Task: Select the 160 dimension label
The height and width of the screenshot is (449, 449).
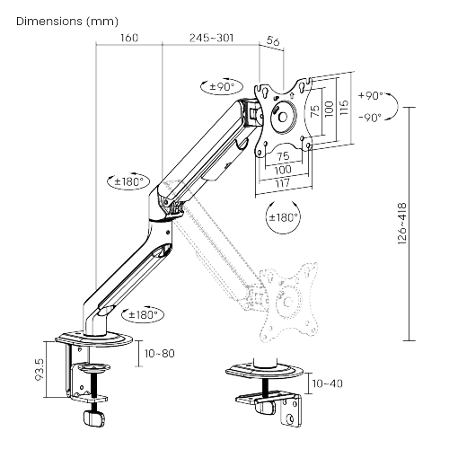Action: tap(128, 39)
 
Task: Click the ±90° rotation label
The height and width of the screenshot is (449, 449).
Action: tap(220, 87)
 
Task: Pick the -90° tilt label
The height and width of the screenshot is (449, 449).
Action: tap(369, 116)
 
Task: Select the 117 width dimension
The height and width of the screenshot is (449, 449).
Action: tap(282, 182)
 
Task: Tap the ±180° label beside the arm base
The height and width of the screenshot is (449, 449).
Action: tap(144, 314)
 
